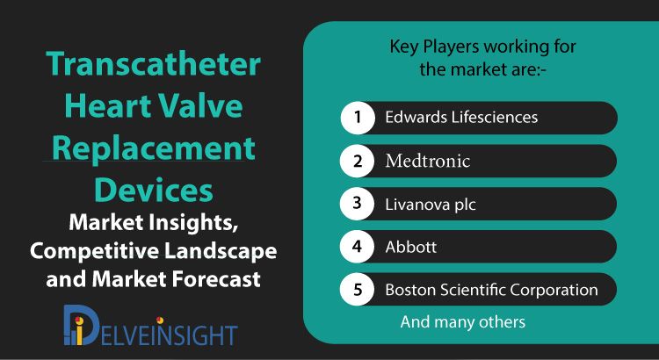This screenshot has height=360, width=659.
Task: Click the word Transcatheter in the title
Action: coord(154,64)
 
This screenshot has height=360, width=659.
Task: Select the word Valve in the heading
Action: coord(201,106)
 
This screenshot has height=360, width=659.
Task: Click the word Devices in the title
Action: coord(154,191)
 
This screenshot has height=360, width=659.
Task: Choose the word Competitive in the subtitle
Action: coord(94,251)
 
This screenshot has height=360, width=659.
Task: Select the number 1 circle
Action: coord(358,117)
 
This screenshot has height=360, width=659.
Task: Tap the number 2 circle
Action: coord(358,161)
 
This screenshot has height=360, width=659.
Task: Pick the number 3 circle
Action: coord(358,204)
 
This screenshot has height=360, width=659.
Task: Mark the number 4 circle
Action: coord(358,247)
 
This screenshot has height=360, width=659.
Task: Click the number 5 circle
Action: coord(358,290)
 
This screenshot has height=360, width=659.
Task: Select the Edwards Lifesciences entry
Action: coord(461,117)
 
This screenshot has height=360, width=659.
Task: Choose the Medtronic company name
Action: coord(427,161)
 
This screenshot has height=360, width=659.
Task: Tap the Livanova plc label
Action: coord(431,205)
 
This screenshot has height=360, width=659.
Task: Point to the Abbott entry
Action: coord(411,247)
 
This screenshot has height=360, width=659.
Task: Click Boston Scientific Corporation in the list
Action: coord(491,290)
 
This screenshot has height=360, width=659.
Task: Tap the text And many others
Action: coord(463,321)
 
